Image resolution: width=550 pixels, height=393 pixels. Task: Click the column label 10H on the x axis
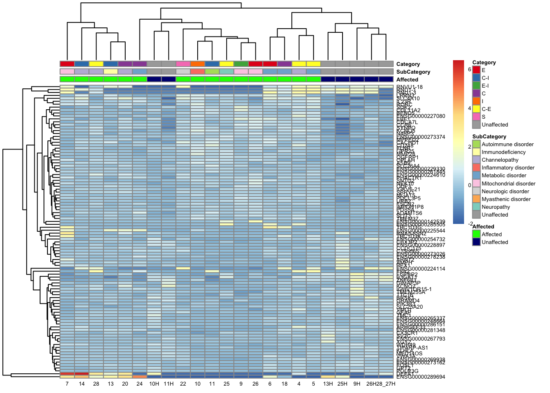click(154, 384)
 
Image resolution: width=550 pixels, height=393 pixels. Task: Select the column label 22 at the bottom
click(183, 384)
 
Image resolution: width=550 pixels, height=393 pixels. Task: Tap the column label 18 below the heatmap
click(284, 384)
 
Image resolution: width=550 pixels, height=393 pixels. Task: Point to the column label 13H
click(328, 384)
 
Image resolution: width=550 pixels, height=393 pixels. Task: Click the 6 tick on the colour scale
click(469, 70)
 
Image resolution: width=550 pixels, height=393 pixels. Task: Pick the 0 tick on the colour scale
click(469, 185)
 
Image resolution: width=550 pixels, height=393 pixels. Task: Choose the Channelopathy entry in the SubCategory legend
click(500, 160)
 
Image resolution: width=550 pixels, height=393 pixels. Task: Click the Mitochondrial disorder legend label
click(508, 184)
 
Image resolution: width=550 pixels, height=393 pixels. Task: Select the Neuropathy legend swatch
click(476, 207)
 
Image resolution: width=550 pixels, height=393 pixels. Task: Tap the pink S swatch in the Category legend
click(476, 117)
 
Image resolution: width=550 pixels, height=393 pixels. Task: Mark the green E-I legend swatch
click(476, 86)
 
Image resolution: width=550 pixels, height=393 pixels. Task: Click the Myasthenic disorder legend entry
click(506, 199)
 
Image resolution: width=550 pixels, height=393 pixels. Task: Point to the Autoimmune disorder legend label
click(507, 145)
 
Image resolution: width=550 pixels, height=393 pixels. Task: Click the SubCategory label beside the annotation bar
click(413, 72)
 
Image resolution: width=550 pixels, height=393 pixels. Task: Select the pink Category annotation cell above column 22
click(183, 64)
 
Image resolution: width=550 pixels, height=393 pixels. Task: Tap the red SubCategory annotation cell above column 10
click(198, 72)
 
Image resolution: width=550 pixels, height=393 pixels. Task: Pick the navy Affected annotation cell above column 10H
click(154, 79)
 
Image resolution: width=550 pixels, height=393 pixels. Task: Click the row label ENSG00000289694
click(421, 377)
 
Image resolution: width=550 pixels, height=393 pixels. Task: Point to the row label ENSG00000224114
click(421, 269)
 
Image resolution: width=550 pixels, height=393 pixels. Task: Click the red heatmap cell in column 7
click(67, 374)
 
